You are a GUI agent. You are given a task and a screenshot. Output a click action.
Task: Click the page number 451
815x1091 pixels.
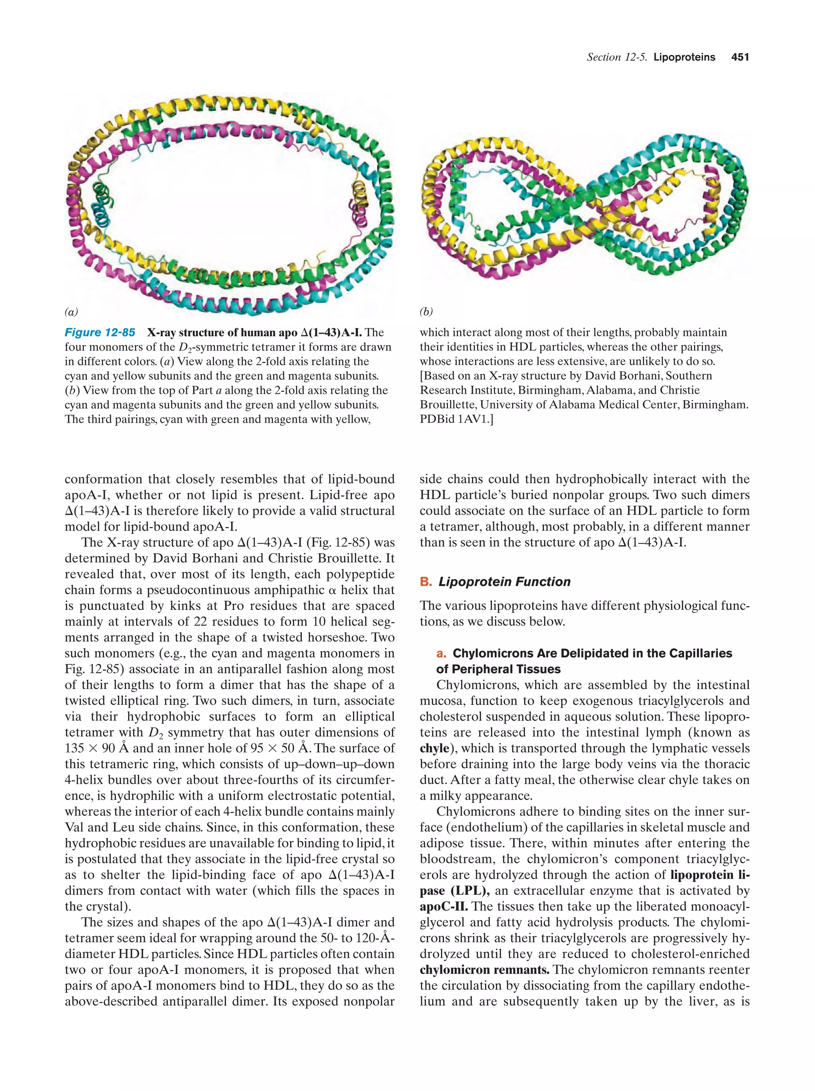[739, 57]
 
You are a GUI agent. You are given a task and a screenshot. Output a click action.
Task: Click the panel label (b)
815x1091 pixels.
[426, 312]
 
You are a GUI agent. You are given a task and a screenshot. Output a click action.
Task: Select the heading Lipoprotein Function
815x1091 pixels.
[504, 582]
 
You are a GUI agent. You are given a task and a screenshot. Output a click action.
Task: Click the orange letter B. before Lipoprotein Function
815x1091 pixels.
[425, 582]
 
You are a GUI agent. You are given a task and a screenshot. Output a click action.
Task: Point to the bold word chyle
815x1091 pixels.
[434, 748]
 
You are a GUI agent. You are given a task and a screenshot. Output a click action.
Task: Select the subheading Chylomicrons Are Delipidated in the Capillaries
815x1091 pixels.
[592, 654]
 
